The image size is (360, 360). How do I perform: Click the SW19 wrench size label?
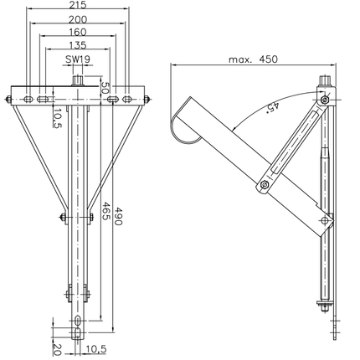[78, 60]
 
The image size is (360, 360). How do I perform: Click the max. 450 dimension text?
[251, 59]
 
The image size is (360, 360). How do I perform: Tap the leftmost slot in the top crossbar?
[29, 99]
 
